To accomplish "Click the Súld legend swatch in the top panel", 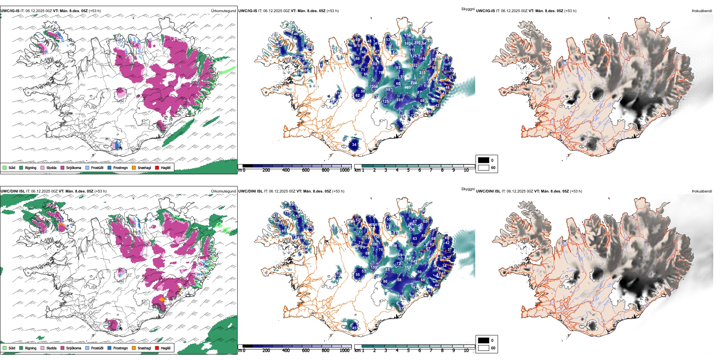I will click(x=5, y=167).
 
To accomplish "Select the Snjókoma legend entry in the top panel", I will click(x=63, y=167).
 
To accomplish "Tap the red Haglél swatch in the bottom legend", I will click(x=157, y=348).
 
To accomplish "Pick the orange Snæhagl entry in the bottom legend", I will click(x=134, y=348).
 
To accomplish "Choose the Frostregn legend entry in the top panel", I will click(x=110, y=167).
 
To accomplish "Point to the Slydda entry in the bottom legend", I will click(x=42, y=348).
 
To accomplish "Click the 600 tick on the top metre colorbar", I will click(x=305, y=170).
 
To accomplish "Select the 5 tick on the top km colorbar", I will click(x=408, y=170).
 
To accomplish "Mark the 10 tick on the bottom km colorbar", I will click(x=466, y=351).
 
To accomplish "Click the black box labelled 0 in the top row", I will click(x=484, y=160).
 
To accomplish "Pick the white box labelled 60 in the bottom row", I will click(x=484, y=348).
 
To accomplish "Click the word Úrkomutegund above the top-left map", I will click(x=223, y=11).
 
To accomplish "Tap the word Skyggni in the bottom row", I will click(x=468, y=189).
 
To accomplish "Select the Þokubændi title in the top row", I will click(x=702, y=11).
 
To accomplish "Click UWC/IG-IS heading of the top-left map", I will click(x=10, y=11).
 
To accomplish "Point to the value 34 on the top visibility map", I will click(x=354, y=145).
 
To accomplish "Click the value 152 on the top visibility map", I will click(x=407, y=35).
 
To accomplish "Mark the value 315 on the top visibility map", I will click(x=422, y=73).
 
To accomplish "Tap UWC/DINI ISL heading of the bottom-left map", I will click(x=13, y=191).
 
